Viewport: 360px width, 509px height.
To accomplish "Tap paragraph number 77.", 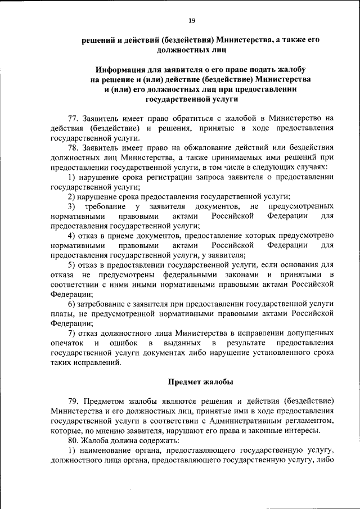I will click(74, 118).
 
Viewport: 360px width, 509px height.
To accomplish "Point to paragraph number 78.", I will click(74, 148).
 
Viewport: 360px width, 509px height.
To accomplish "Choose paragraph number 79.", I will click(74, 400).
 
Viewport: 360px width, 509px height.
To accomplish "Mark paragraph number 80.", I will click(74, 441).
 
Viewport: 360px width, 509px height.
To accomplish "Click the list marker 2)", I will click(72, 196).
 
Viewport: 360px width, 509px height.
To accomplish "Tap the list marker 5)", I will click(72, 264).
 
